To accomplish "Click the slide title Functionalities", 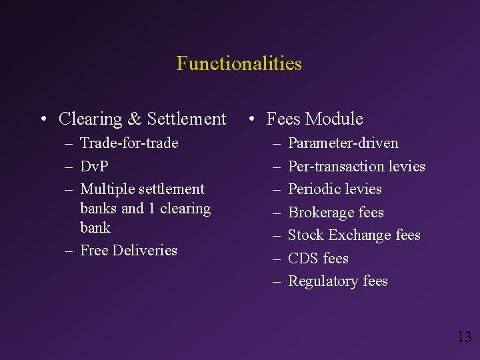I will [239, 64].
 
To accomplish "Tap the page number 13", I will [464, 337].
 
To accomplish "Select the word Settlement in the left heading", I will [187, 119].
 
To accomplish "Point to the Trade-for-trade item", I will [129, 143].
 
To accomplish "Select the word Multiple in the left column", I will [107, 189].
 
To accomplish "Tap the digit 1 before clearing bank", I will [152, 209].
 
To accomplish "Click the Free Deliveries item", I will [128, 251].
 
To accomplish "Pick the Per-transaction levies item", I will [356, 167].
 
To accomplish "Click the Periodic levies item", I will [335, 189].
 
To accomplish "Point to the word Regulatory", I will [323, 281].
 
